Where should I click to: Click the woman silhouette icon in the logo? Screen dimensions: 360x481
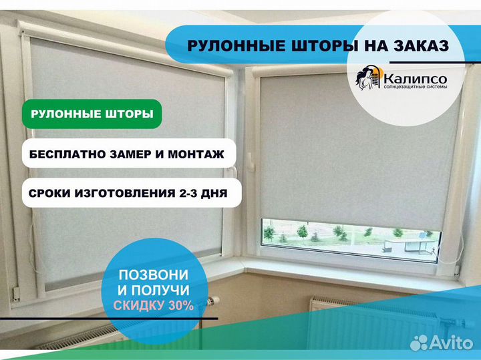[x=367, y=79]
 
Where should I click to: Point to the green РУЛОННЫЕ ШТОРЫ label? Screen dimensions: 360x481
[x=92, y=114]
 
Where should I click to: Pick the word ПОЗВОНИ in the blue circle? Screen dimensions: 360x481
[x=153, y=275]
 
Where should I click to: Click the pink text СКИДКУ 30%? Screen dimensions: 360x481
[x=153, y=306]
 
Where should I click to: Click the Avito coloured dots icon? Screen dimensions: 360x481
[x=419, y=343]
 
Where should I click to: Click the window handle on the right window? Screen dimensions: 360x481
[x=249, y=160]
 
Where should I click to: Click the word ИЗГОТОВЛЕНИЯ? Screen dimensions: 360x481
[x=125, y=194]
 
